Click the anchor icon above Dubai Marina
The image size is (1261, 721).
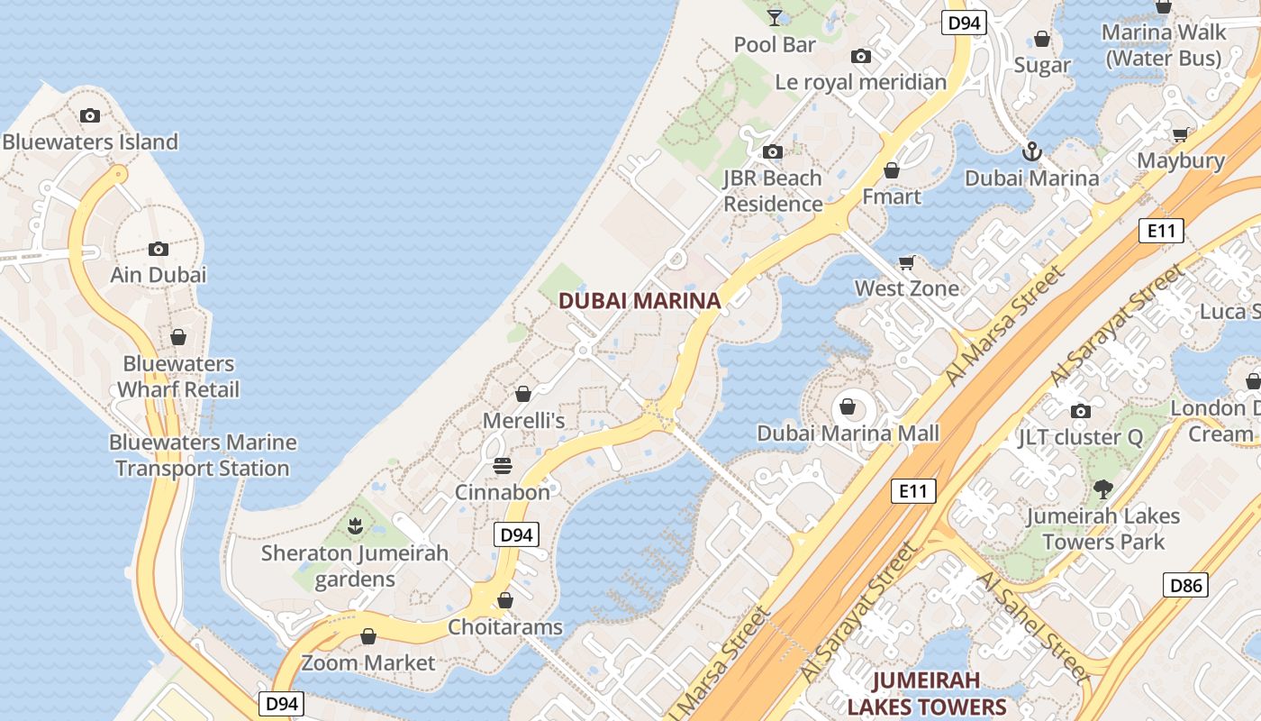point(1032,151)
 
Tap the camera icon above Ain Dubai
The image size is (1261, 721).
point(159,249)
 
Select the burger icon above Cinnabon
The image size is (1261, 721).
point(503,465)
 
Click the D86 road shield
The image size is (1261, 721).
point(1185,585)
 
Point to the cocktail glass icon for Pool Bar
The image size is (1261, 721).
point(775,17)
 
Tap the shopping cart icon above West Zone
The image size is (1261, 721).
point(907,262)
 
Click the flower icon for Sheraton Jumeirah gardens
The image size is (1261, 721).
point(355,525)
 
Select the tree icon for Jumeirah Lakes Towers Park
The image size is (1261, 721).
point(1103,489)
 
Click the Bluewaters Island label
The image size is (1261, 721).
point(90,141)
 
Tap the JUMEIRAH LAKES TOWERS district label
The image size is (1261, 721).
point(926,692)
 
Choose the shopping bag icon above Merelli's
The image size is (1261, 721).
point(523,394)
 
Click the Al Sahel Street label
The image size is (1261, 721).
point(1032,626)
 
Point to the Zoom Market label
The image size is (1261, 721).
point(368,662)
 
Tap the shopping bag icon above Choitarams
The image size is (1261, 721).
point(505,600)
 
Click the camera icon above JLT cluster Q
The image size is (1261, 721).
point(1081,412)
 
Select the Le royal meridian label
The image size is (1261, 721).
point(861,82)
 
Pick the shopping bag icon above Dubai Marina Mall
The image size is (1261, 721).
point(848,406)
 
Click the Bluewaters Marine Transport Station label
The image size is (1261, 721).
point(203,455)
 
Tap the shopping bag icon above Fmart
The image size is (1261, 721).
point(892,170)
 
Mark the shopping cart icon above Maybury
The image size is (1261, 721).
point(1180,135)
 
